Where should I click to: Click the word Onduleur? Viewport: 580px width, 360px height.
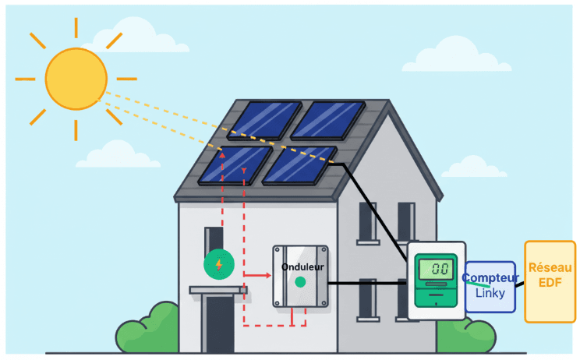(x=302, y=266)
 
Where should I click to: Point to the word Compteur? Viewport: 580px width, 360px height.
(x=490, y=277)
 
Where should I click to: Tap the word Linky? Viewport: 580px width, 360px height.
(x=490, y=293)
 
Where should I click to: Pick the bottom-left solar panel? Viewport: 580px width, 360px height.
(x=233, y=165)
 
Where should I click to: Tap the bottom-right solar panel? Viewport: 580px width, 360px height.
(x=299, y=166)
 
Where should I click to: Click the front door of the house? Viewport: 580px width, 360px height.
(x=220, y=323)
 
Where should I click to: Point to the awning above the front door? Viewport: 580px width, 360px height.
(x=218, y=290)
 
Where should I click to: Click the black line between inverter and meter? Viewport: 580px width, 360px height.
(x=366, y=283)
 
